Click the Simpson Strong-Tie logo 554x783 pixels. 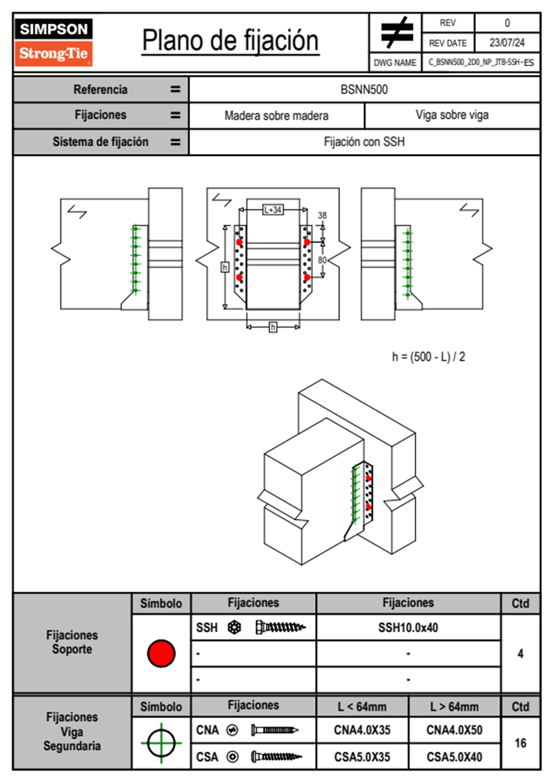54,42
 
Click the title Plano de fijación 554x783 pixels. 230,41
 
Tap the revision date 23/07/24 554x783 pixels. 507,43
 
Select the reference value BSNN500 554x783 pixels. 364,89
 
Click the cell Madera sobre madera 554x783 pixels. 277,115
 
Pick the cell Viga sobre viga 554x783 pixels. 452,115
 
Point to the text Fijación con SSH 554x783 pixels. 364,142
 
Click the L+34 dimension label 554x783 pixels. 273,209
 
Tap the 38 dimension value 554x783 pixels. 322,215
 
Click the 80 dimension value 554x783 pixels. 322,260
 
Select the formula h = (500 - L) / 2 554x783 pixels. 428,357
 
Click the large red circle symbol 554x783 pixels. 161,653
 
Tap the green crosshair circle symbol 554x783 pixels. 161,743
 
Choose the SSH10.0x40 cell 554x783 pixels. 408,628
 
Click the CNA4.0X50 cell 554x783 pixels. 454,730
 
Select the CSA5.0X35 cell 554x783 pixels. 362,757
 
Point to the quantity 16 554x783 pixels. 520,743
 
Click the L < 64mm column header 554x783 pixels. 362,707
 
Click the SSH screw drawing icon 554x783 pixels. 280,628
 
